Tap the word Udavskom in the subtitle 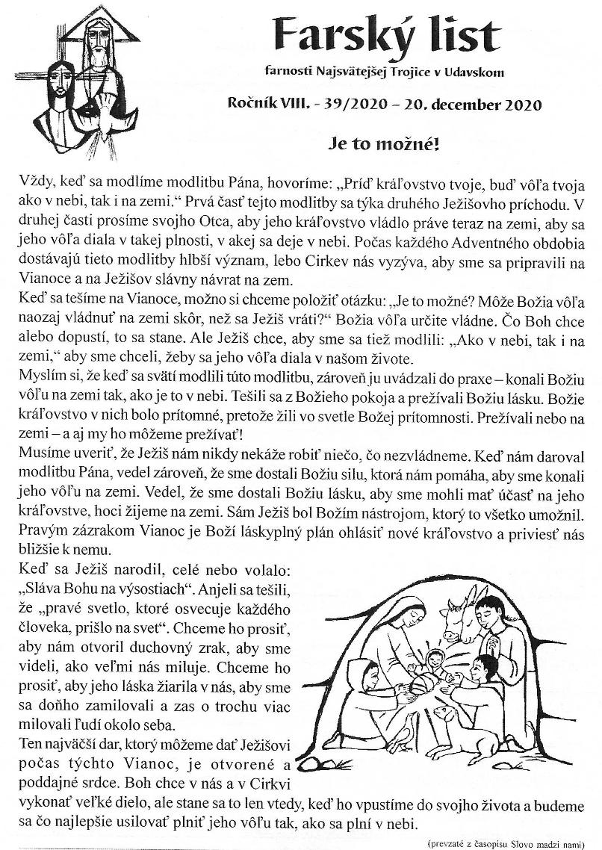tap(475, 72)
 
